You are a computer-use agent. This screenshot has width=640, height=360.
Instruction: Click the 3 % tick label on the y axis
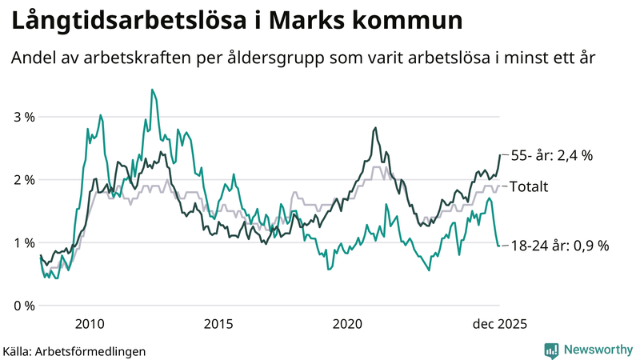24,117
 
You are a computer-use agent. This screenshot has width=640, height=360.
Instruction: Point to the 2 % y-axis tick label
24,180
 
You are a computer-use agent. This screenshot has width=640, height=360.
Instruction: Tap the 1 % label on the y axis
24,243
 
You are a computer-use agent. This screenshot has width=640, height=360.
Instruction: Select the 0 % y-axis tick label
24,306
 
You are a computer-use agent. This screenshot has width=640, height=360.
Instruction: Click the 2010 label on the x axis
89,324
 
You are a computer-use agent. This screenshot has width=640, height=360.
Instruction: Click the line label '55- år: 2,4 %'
551,155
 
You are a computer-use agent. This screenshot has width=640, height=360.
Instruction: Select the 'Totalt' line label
529,186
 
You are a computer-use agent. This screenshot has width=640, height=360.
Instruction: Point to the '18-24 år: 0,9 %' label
559,246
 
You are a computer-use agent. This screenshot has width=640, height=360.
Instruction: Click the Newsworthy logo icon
551,350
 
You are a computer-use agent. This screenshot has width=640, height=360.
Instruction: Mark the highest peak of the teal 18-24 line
152,90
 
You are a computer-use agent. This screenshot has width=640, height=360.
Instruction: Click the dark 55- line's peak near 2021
375,127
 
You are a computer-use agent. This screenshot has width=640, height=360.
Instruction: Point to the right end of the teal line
500,246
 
